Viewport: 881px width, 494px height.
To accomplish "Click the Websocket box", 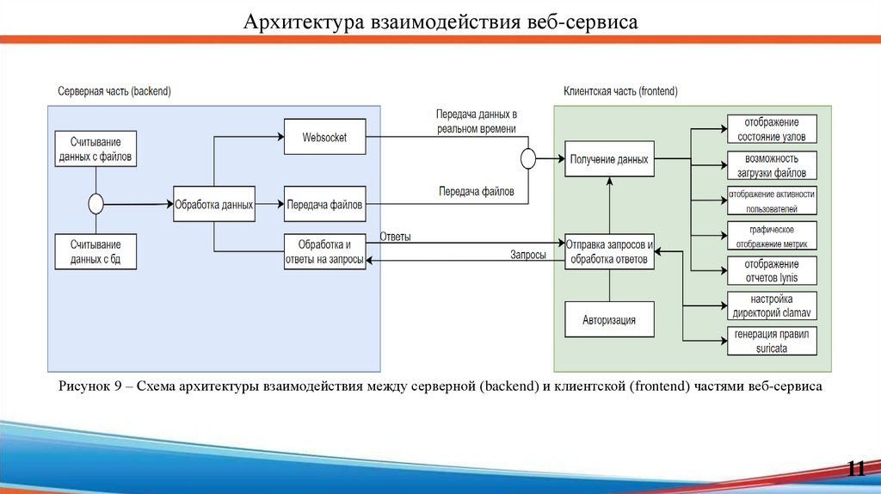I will (324, 137).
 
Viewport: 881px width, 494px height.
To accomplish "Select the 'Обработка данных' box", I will (213, 205).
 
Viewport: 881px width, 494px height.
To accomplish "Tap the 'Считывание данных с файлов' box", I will (95, 150).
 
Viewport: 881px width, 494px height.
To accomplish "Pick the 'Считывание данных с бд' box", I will (95, 250).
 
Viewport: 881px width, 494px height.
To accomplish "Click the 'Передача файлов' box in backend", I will (324, 205).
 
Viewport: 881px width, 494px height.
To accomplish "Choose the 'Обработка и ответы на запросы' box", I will (324, 251).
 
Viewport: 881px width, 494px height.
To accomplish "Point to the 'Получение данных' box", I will (608, 159).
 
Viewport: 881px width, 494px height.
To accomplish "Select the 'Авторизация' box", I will (608, 320).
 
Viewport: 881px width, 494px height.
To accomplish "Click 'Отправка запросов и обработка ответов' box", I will (609, 251).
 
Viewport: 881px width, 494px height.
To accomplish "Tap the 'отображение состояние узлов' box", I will (772, 129).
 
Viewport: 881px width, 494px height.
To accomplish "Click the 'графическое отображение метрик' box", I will (772, 237).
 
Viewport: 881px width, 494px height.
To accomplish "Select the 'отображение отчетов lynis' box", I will (772, 270).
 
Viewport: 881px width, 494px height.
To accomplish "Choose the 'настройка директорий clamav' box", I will (772, 306).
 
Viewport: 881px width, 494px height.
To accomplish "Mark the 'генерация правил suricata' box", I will (772, 342).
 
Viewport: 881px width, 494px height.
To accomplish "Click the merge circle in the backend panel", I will (95, 204).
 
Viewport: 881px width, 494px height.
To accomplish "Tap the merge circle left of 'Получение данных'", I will (528, 159).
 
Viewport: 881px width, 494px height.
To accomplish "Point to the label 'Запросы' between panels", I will (527, 256).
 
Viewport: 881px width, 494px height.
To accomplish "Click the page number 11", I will (855, 468).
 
